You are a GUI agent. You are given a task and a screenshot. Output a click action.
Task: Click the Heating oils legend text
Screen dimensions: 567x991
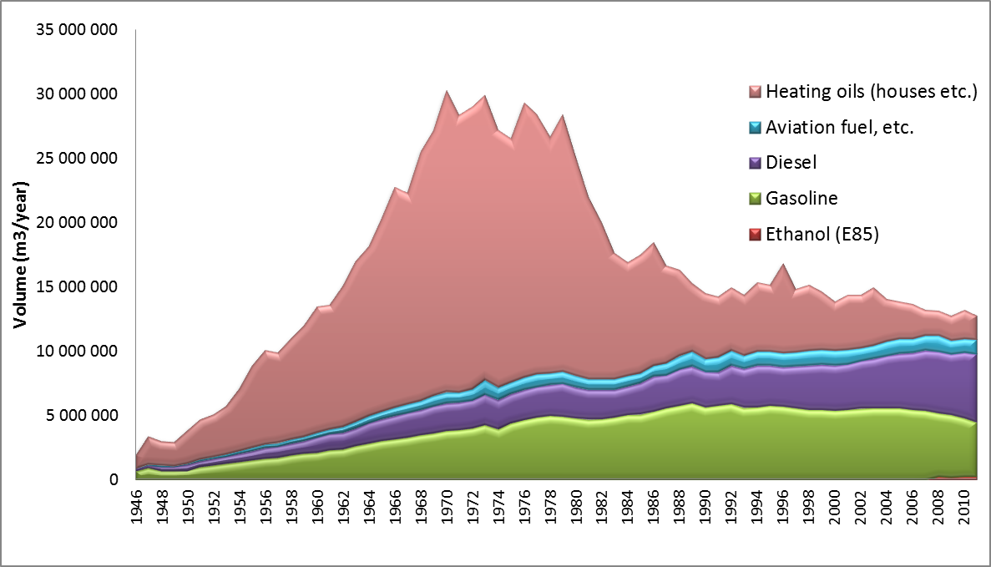pyautogui.click(x=871, y=91)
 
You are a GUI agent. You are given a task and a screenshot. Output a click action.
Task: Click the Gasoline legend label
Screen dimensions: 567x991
pyautogui.click(x=801, y=199)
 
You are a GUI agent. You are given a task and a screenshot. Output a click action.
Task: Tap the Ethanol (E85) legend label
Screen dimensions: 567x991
pyautogui.click(x=822, y=235)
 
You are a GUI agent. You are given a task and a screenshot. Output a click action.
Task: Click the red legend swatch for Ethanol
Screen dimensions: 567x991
pyautogui.click(x=755, y=235)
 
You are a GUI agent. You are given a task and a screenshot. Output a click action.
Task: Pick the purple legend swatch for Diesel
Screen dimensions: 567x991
pyautogui.click(x=755, y=163)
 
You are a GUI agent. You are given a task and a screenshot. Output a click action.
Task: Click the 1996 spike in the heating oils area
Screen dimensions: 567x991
pyautogui.click(x=783, y=265)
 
